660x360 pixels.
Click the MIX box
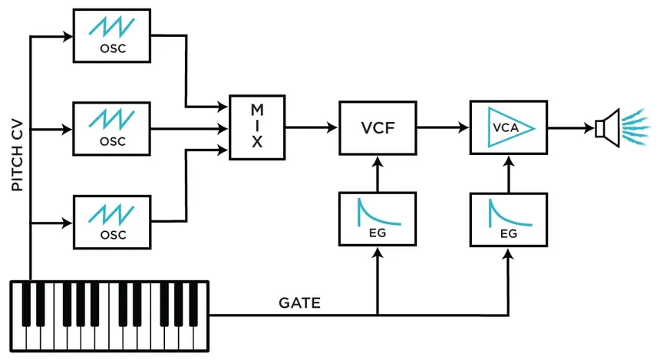257,127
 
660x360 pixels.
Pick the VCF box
378,127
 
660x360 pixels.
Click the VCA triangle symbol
507,127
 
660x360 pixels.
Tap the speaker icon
607,127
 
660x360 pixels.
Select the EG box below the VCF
378,219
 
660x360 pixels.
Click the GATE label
299,303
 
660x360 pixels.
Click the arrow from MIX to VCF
312,127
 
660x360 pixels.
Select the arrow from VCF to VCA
443,127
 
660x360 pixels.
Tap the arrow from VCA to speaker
570,127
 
